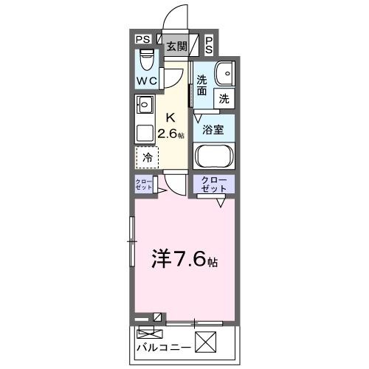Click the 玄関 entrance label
[x=176, y=46]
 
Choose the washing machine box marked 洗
[x=223, y=97]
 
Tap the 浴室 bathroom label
[x=214, y=128]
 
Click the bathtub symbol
[x=214, y=156]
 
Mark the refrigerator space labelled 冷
[x=148, y=156]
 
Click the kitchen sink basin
[x=144, y=104]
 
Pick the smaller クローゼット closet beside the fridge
[x=144, y=184]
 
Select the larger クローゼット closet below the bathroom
[x=214, y=184]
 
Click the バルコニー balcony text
[x=164, y=346]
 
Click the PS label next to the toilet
[x=142, y=40]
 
